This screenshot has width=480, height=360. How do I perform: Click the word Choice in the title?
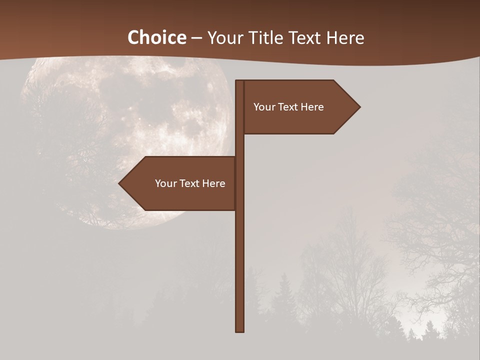tap(156, 38)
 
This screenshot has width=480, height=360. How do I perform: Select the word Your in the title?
tap(225, 38)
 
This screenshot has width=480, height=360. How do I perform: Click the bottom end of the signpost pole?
tap(239, 330)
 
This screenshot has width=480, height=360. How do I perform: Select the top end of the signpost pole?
tap(239, 82)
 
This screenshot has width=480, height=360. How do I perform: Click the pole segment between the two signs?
tap(239, 145)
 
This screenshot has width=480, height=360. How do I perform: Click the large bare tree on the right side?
tap(435, 210)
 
